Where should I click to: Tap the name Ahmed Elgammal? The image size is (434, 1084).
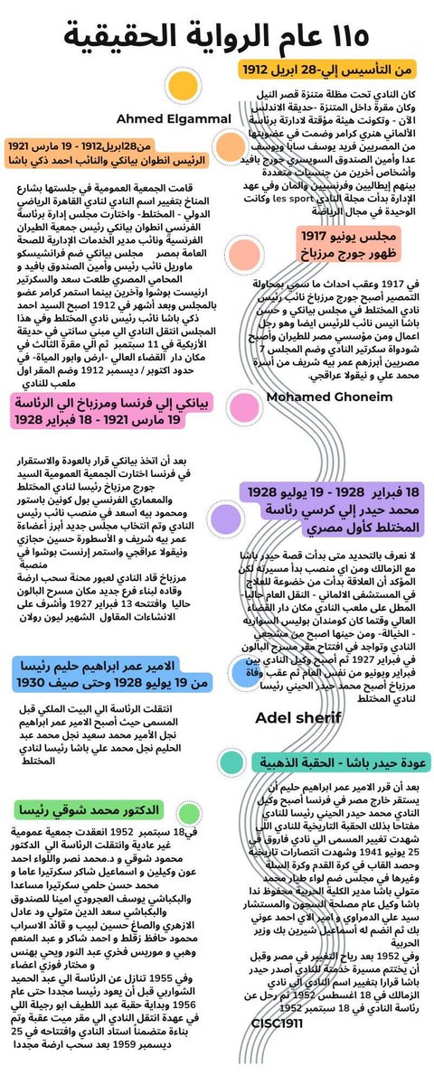(x=163, y=118)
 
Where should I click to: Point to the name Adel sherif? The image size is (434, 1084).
(x=298, y=718)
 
